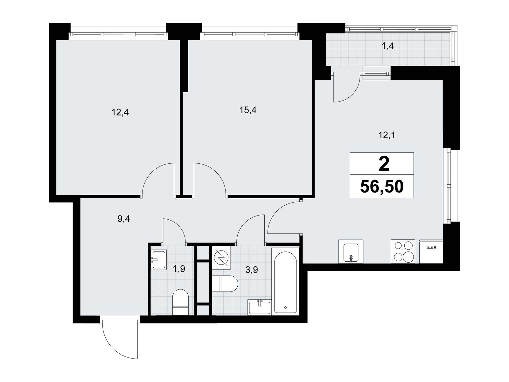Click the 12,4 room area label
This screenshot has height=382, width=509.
click(120, 112)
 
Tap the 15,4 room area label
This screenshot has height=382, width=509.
click(248, 110)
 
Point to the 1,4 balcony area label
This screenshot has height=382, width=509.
click(387, 46)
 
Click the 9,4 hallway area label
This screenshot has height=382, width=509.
click(124, 219)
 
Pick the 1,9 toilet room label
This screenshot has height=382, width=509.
click(179, 269)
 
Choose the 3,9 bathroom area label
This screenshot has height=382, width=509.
click(252, 270)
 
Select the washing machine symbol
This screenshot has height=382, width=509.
click(221, 258)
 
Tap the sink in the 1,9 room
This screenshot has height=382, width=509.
click(159, 259)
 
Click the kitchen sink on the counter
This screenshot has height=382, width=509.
click(351, 252)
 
